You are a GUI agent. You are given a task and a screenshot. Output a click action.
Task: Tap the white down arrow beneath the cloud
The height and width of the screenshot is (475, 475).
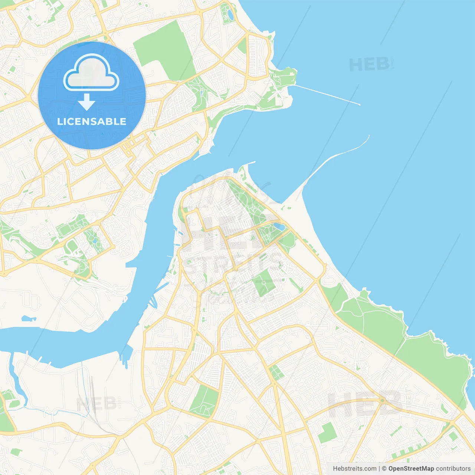coord(86,102)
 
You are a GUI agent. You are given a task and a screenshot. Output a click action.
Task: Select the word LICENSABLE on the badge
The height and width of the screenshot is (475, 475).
coord(92,121)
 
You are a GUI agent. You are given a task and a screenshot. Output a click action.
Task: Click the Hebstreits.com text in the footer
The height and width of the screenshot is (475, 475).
coord(354,469)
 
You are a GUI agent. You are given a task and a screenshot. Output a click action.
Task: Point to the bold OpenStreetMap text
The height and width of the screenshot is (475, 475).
coord(411,469)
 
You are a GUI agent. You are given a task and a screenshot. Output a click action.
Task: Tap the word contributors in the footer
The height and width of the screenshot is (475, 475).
coord(453,469)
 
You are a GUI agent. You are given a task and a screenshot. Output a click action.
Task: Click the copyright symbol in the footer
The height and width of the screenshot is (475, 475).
coord(384,469)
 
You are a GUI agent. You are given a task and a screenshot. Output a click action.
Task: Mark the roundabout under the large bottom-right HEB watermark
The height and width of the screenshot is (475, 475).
coord(383,400)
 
